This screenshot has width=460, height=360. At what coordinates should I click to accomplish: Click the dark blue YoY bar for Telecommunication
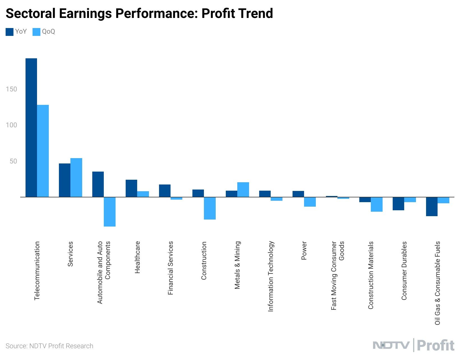click(x=31, y=128)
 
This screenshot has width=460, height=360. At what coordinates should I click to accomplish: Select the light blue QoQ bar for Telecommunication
click(x=43, y=151)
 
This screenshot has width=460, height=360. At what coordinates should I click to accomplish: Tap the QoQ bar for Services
click(x=76, y=177)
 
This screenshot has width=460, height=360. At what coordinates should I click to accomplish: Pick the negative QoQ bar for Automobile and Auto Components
click(x=110, y=212)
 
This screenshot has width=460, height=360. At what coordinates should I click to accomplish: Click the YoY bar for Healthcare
click(x=131, y=188)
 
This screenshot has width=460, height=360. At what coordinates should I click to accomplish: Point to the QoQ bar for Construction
click(x=210, y=208)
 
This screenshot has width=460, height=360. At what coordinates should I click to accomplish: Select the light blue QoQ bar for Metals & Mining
click(x=243, y=190)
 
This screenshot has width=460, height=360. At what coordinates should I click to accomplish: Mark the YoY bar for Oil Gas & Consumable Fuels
click(x=432, y=207)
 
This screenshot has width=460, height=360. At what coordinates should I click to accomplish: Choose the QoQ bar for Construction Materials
click(x=377, y=204)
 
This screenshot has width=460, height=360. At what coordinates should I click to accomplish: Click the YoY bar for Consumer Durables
click(x=398, y=204)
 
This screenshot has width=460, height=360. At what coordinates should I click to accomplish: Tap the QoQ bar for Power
click(x=310, y=202)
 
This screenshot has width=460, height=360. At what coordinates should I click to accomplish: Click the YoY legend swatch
click(x=10, y=32)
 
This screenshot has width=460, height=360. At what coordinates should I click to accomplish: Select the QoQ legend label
click(x=49, y=32)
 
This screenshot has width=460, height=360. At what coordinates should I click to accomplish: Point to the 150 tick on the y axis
click(x=12, y=89)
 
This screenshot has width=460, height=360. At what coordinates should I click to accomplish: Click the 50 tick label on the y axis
click(x=13, y=161)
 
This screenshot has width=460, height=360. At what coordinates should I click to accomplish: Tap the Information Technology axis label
click(x=270, y=276)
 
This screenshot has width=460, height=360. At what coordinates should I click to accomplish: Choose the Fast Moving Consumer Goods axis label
click(x=337, y=276)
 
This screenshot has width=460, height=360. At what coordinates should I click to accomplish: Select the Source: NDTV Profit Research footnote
click(x=49, y=346)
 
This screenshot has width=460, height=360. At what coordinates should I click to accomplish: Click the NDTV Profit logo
click(x=413, y=345)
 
